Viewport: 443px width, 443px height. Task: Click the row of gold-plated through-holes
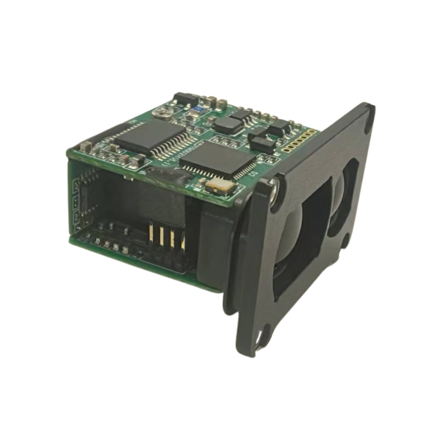coord(298,141)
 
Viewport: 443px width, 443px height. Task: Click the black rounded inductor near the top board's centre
coord(227,125)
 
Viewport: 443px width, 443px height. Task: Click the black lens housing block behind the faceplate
coord(216,244)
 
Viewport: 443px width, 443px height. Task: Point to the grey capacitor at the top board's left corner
coord(85,147)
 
